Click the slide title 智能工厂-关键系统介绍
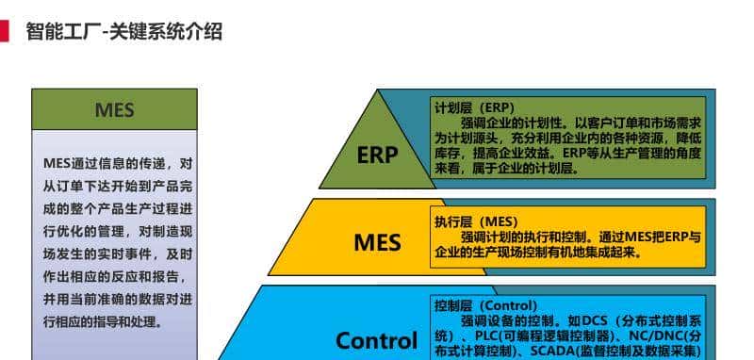click(x=123, y=32)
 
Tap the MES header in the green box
click(x=114, y=110)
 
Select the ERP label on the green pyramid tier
click(x=378, y=155)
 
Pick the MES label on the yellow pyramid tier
click(x=377, y=242)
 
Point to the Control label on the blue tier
click(x=376, y=340)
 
